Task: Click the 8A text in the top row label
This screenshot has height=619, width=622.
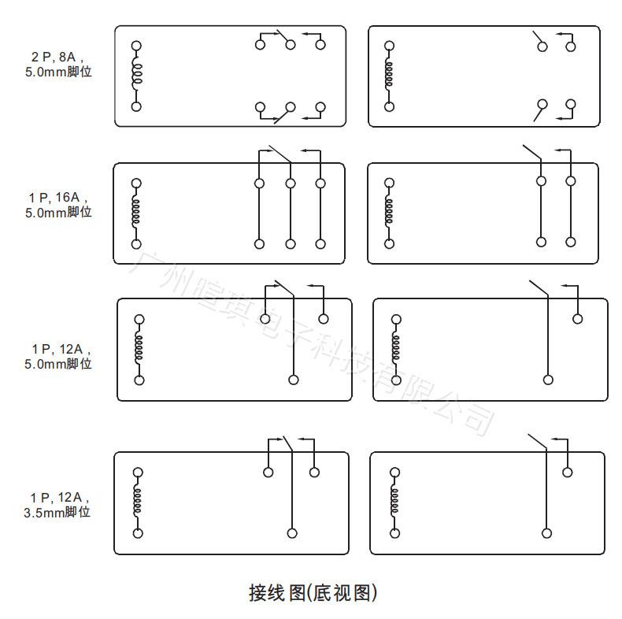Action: tap(68, 57)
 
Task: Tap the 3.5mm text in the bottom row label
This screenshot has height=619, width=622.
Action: tap(46, 512)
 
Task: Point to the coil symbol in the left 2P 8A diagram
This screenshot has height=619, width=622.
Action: tap(136, 75)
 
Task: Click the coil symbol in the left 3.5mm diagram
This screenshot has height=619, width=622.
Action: tap(138, 502)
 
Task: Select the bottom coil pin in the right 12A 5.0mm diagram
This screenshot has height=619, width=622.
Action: tap(396, 380)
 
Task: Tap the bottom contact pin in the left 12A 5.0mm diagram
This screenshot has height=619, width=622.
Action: tap(294, 380)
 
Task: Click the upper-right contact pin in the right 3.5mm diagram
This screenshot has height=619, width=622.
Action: tap(567, 472)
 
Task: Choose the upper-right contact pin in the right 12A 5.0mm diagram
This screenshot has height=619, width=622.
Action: tap(578, 318)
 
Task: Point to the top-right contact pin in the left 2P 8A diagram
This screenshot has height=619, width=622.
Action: tap(320, 44)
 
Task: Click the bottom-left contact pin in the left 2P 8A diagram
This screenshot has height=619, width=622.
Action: tap(260, 106)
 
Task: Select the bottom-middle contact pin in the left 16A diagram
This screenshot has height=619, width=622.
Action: tap(291, 244)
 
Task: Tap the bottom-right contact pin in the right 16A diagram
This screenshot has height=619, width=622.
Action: tap(571, 243)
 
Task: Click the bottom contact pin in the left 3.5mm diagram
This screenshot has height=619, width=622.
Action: tap(292, 533)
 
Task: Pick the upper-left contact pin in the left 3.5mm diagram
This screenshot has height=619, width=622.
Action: tap(268, 473)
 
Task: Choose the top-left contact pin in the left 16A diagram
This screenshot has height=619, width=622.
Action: tap(259, 183)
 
